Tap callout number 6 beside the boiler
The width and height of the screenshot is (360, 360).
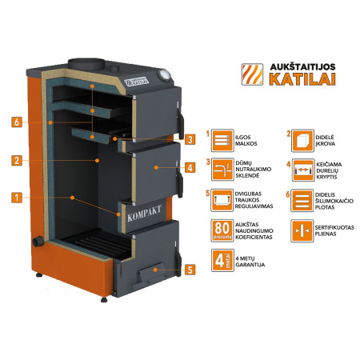(16, 122)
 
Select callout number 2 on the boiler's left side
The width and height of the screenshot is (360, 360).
(16, 160)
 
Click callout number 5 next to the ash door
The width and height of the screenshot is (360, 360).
(190, 270)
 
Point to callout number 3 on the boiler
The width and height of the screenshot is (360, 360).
(190, 139)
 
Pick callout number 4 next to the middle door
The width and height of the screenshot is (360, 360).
(190, 168)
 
